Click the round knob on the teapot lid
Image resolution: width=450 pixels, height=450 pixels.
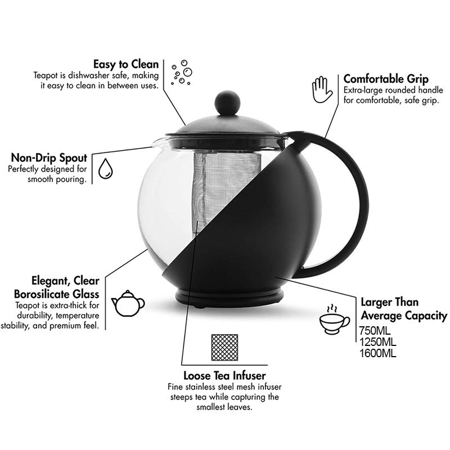228,103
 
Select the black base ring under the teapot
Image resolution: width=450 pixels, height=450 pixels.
229,299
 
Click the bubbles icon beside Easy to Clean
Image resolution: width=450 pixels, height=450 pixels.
182,73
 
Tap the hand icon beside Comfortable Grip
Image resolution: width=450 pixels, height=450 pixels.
322,89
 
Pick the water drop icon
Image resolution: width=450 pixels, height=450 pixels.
106,169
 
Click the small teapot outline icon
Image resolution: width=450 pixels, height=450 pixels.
128,303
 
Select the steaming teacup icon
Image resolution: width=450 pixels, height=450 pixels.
334,319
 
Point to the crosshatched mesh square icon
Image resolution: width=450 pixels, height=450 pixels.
224,347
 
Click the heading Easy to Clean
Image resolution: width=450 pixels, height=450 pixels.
126,64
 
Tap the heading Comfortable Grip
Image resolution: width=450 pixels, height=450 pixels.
386,79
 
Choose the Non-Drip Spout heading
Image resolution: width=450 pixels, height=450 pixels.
49,158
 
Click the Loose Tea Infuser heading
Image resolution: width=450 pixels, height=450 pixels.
224,376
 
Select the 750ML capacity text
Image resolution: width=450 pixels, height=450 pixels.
375,331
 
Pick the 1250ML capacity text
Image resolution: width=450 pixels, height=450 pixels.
377,342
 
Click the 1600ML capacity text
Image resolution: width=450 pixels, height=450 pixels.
377,353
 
